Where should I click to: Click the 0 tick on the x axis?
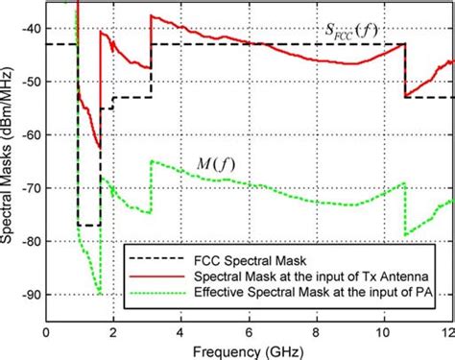click(46, 331)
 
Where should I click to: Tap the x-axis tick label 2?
click(113, 331)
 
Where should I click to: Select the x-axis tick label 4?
click(181, 331)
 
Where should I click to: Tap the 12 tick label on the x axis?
click(444, 331)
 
